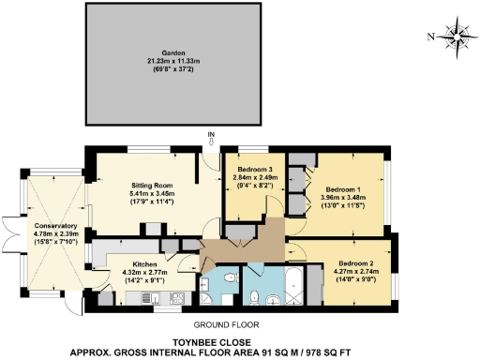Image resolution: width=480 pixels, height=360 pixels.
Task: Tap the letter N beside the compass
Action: (429, 37)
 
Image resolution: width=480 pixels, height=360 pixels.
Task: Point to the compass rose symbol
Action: (458, 37)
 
